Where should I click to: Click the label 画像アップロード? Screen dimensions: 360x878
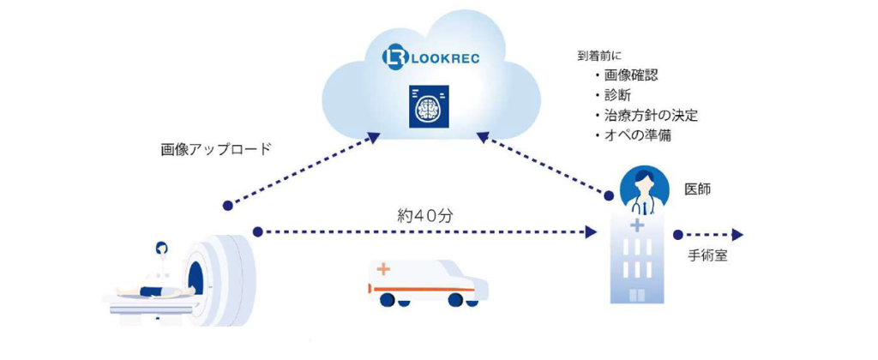pyautogui.click(x=216, y=148)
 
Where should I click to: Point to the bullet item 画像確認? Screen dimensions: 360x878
pyautogui.click(x=630, y=76)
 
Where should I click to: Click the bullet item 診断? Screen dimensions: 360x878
pyautogui.click(x=616, y=96)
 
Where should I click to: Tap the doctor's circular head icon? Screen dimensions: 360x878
pyautogui.click(x=640, y=182)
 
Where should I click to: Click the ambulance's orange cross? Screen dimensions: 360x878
pyautogui.click(x=382, y=270)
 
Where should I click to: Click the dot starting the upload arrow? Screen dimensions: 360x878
pyautogui.click(x=227, y=206)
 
